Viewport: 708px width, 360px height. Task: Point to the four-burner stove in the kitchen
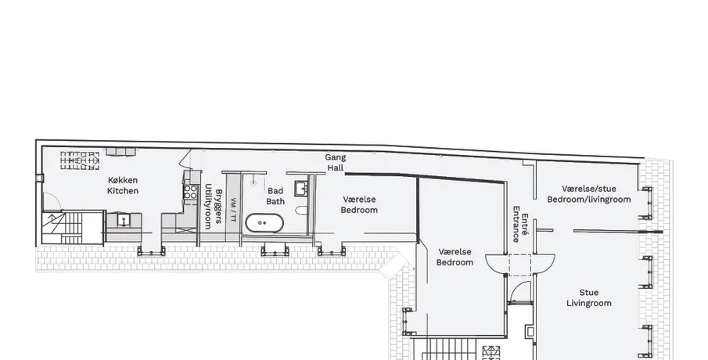[191, 192]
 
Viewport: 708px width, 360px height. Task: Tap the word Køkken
[123, 180]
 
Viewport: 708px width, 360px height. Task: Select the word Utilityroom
[208, 207]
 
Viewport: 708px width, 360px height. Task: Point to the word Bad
[275, 191]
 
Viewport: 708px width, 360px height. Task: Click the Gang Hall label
[336, 163]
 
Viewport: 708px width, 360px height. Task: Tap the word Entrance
[516, 225]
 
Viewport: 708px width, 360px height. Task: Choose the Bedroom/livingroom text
[589, 200]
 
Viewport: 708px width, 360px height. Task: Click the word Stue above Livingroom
[589, 292]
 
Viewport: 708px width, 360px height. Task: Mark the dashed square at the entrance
[520, 265]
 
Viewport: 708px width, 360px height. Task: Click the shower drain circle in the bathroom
[253, 183]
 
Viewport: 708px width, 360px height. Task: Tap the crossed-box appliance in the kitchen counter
[187, 230]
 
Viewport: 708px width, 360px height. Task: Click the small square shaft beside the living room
[530, 332]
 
